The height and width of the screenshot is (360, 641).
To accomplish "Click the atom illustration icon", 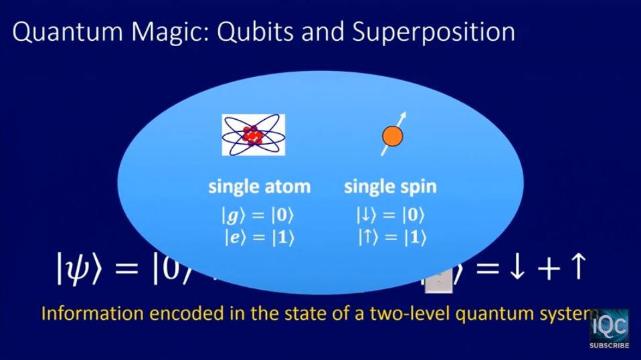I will pos(253,135).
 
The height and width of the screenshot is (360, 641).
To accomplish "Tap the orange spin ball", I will pos(391,138).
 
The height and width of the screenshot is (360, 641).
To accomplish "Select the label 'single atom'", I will pos(259,187).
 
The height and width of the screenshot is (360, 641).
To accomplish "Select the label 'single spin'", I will pos(390,187).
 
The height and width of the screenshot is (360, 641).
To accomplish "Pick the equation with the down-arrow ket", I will pos(390,215).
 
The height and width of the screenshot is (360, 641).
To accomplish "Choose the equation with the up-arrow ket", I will pos(390,237).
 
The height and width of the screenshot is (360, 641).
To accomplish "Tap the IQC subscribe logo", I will pos(609,329).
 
